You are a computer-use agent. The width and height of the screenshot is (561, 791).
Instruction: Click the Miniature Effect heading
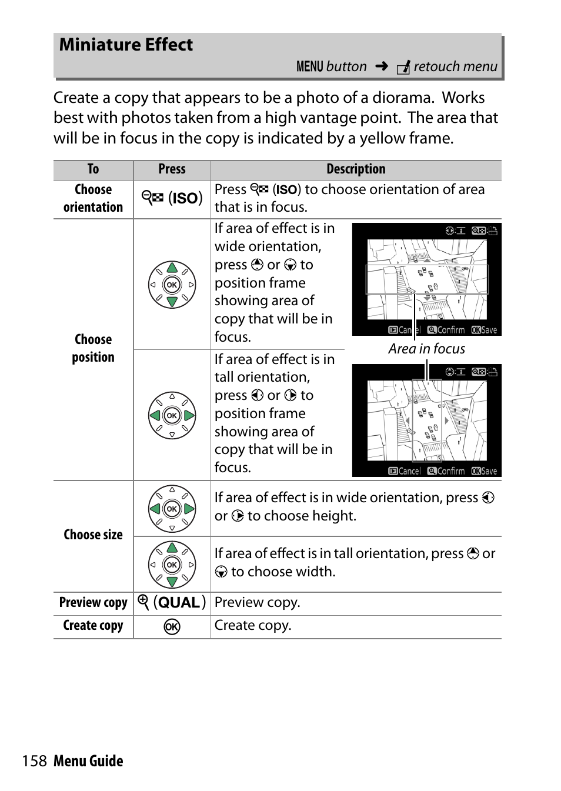point(126,45)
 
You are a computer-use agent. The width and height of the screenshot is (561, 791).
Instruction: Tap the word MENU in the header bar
point(309,66)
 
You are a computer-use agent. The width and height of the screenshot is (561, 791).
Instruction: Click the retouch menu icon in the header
point(403,68)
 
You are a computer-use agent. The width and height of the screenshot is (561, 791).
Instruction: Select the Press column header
point(172,169)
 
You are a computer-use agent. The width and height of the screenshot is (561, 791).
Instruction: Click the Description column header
point(356,169)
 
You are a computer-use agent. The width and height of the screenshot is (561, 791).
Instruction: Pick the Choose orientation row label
point(93,198)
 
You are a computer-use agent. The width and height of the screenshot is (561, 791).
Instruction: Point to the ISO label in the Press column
point(185,198)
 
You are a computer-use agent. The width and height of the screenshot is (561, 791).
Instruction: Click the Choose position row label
point(93,348)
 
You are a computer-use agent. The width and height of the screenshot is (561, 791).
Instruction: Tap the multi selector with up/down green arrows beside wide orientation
point(172,285)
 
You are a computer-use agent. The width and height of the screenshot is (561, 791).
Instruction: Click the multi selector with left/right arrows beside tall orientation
point(172,415)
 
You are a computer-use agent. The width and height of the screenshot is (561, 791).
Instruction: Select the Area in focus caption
point(426,349)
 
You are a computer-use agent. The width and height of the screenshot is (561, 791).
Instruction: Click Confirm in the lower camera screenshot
point(446,471)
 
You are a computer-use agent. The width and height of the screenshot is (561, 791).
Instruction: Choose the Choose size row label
point(93,535)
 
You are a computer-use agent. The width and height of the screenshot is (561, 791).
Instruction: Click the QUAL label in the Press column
point(179,603)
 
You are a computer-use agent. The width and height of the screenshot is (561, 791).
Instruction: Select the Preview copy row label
point(93,603)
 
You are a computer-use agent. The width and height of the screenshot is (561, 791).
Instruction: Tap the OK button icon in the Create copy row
point(172,627)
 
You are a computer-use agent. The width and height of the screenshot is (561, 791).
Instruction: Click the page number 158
point(34,761)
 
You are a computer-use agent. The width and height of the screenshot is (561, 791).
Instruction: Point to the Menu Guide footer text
point(88,761)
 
